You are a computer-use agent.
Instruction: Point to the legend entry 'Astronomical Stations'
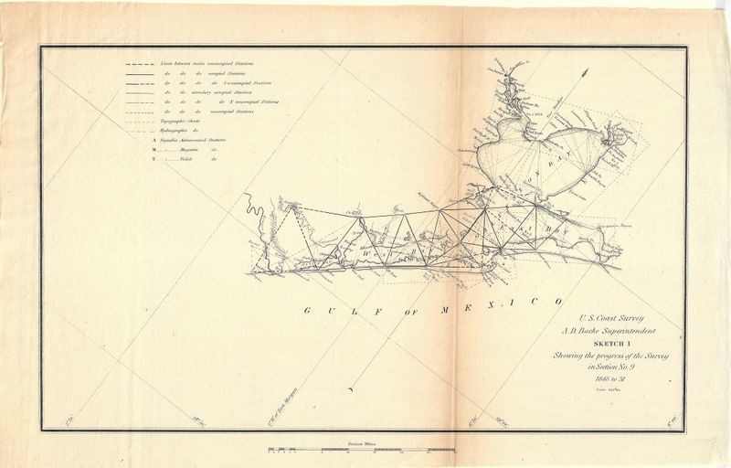point(187,140)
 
